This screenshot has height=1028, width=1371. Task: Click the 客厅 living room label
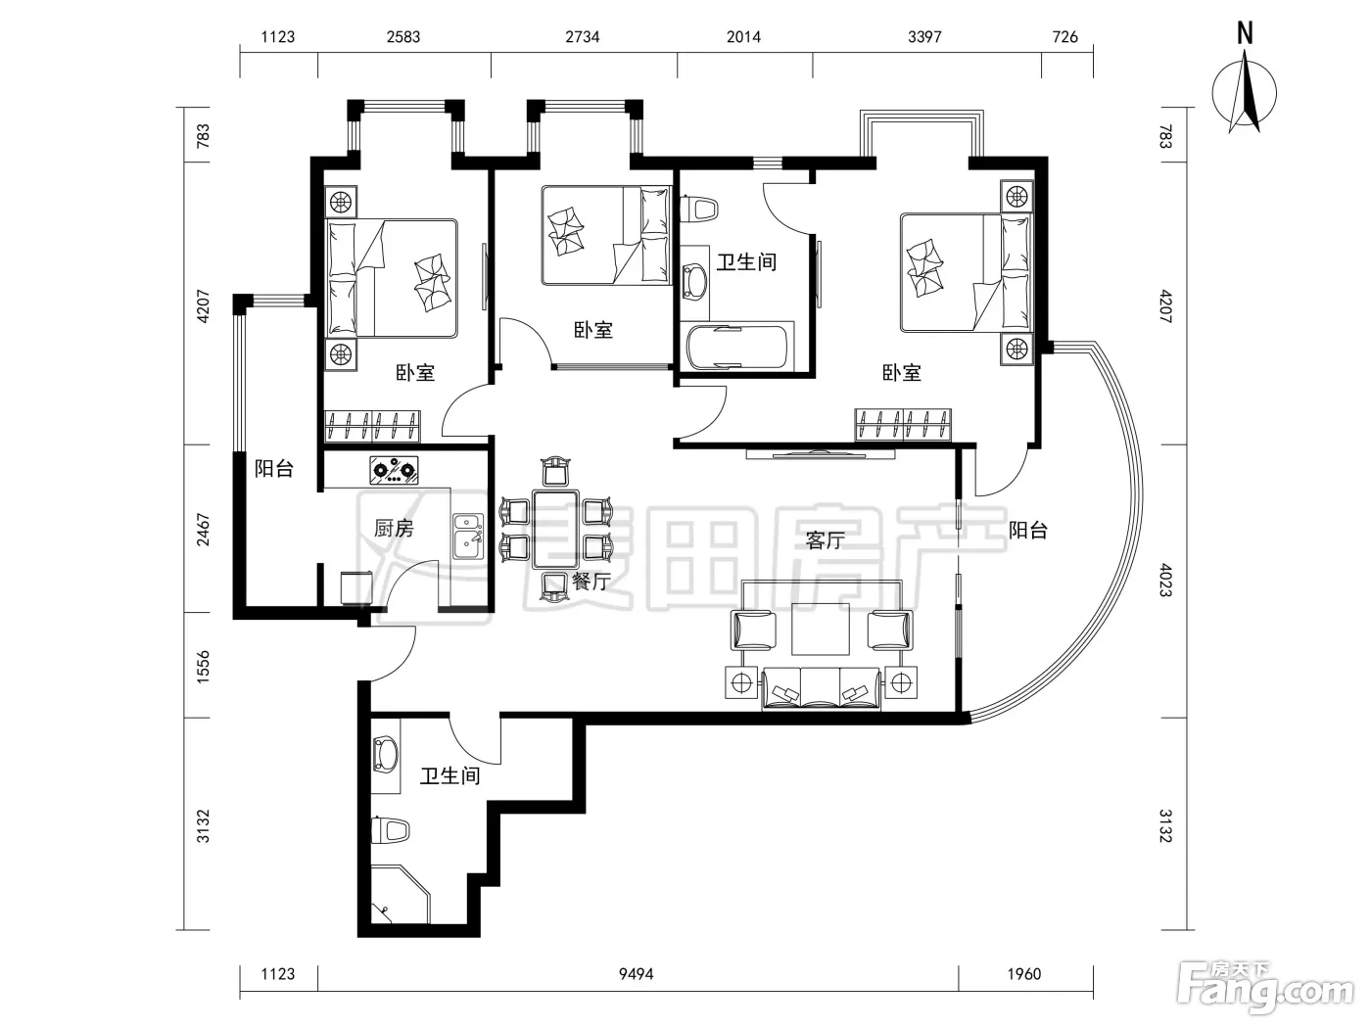(x=825, y=539)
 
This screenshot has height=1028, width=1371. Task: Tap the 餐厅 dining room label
(x=591, y=582)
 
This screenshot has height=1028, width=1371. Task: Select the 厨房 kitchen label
(x=394, y=529)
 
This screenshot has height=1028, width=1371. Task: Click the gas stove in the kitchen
(x=394, y=470)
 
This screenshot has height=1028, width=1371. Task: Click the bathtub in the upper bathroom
(x=737, y=347)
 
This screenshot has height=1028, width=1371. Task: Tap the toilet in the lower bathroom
(x=390, y=830)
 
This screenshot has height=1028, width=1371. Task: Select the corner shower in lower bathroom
(x=401, y=895)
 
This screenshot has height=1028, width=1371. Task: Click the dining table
(x=555, y=530)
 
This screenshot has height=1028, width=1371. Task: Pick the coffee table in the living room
(x=821, y=629)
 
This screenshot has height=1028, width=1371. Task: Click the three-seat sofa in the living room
(x=821, y=688)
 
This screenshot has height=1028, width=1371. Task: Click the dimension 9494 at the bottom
(x=636, y=974)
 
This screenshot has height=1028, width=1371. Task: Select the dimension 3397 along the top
(x=924, y=37)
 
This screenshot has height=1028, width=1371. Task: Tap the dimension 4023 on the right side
(x=1166, y=580)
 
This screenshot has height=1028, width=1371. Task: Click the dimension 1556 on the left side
(x=203, y=667)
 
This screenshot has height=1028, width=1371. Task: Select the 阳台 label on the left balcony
(x=273, y=469)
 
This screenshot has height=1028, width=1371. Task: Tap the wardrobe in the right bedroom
(x=903, y=425)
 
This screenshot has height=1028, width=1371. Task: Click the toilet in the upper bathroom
(x=698, y=209)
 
